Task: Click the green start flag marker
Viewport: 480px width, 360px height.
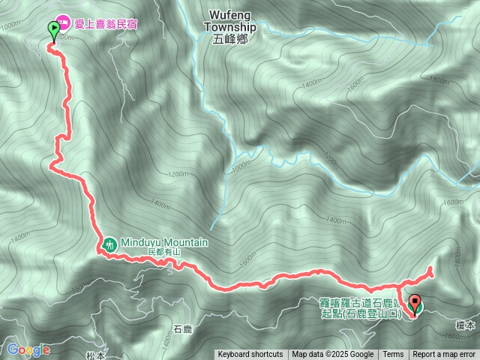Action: tap(54, 31)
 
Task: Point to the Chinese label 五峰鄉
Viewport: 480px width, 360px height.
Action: tap(229, 40)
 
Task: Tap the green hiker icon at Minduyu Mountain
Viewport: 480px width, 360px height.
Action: tap(109, 243)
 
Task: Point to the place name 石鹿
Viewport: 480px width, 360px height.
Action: tap(183, 328)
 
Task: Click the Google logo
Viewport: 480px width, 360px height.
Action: tap(28, 349)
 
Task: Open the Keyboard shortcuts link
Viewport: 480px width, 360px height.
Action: tap(250, 355)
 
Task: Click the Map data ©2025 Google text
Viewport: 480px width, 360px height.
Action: tap(333, 355)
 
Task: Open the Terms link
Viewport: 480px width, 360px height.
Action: tap(393, 355)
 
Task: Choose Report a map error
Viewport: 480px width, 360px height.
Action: tap(444, 355)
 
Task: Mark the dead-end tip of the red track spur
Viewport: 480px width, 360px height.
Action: tap(431, 268)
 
